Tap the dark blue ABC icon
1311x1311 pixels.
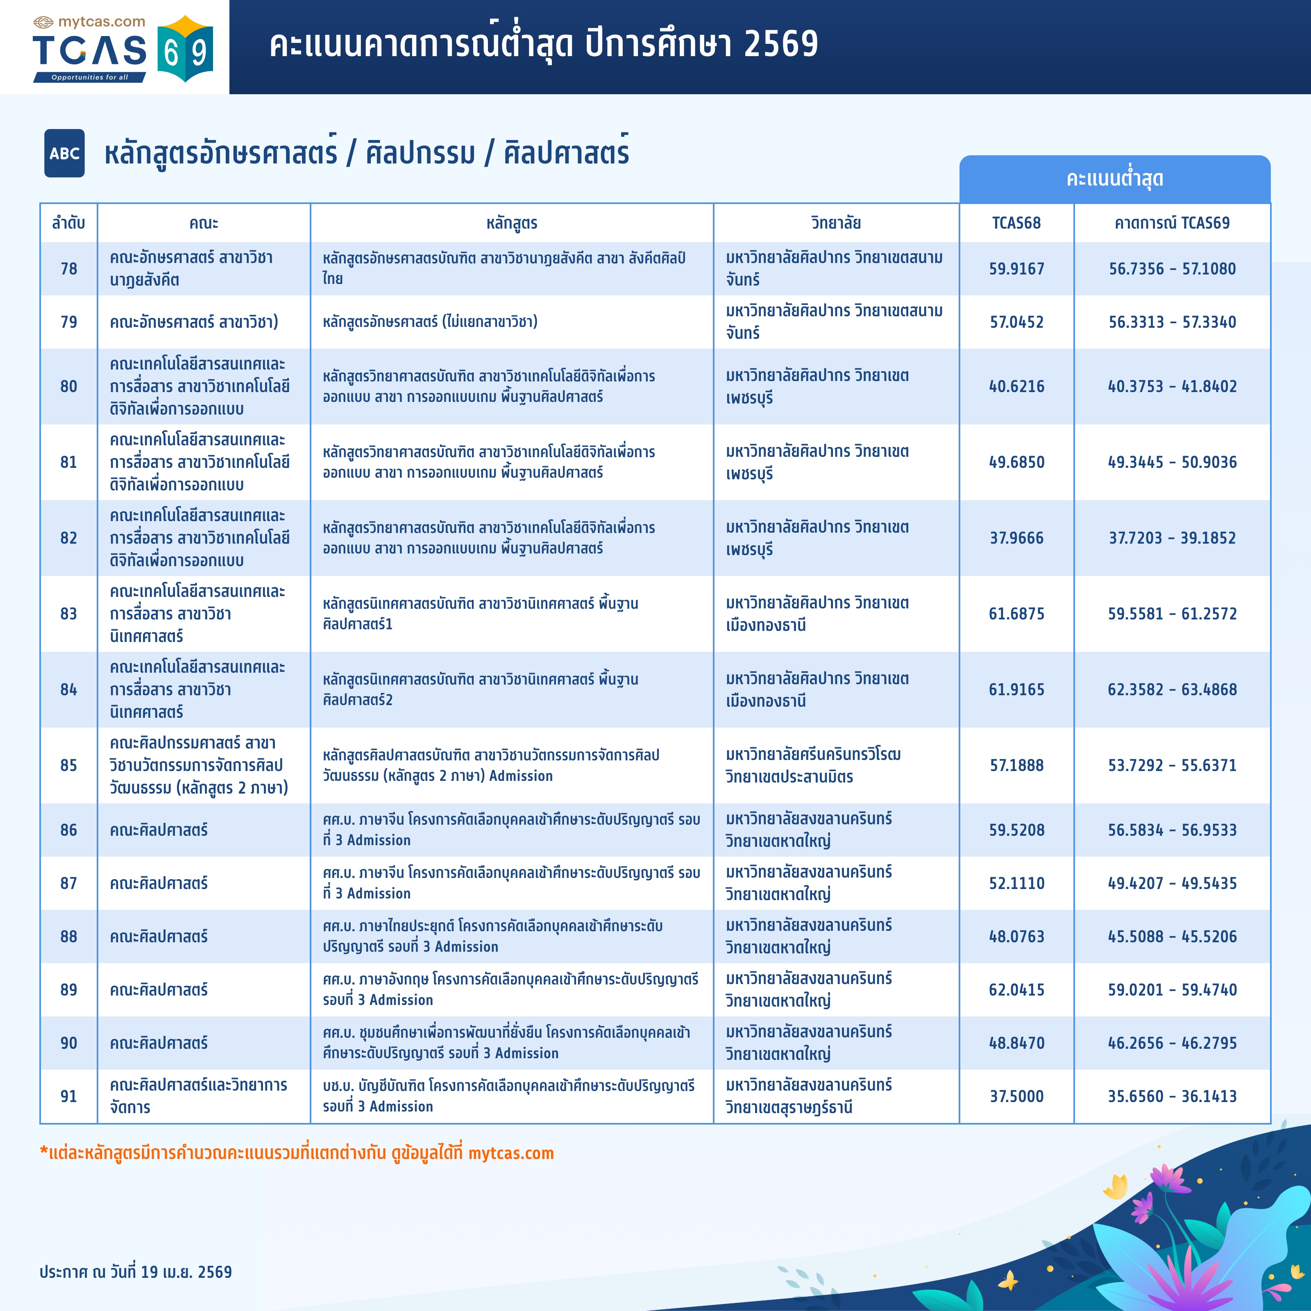click(x=64, y=153)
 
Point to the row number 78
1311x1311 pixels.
click(x=68, y=269)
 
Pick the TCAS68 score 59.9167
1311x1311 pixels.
click(x=1016, y=269)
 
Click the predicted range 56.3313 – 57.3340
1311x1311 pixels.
click(x=1172, y=322)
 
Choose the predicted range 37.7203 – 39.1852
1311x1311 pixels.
click(x=1172, y=538)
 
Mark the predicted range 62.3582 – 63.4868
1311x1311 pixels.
click(x=1172, y=690)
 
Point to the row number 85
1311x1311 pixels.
click(x=68, y=765)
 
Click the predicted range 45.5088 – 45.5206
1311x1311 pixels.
click(x=1172, y=937)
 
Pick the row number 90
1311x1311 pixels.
click(x=68, y=1043)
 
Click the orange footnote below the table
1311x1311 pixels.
click(x=297, y=1153)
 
